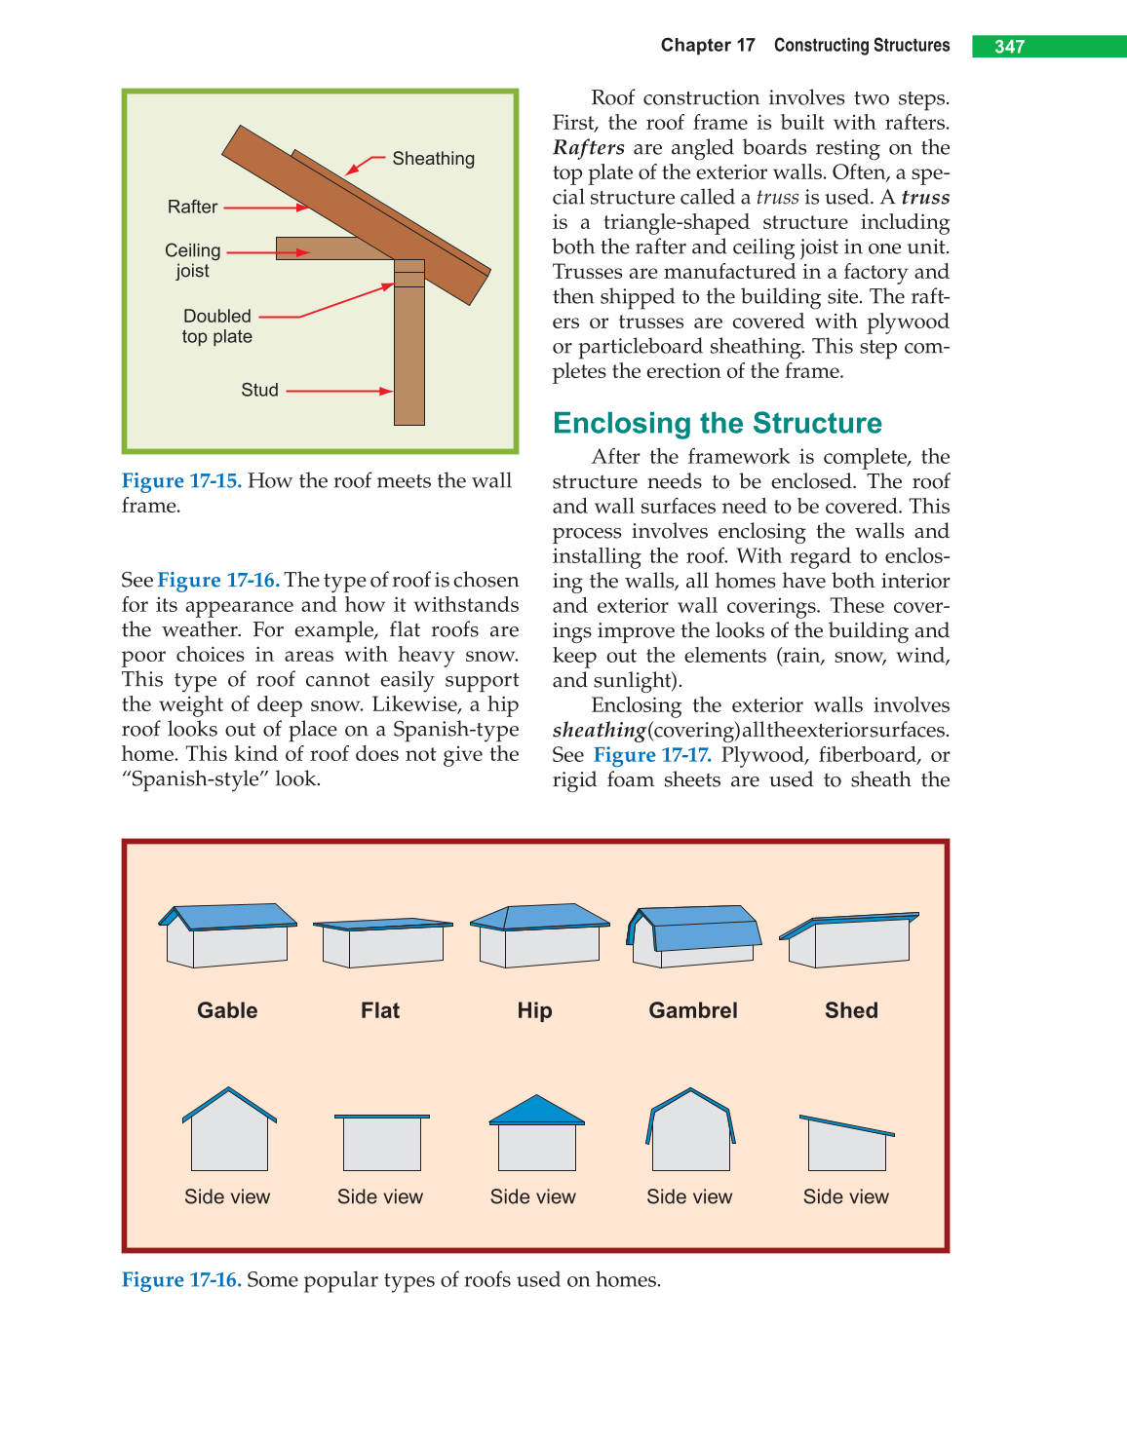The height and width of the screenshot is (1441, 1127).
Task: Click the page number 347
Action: [x=1009, y=47]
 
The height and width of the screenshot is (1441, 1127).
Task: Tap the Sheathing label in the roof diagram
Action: [x=433, y=159]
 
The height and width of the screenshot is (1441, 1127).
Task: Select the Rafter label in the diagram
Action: [x=192, y=207]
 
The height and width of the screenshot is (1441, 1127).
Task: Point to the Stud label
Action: [x=259, y=390]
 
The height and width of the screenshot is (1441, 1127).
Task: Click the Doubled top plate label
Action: [x=217, y=326]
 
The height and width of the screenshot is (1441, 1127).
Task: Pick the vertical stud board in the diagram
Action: [x=409, y=360]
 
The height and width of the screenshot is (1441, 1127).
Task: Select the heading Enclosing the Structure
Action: [x=717, y=423]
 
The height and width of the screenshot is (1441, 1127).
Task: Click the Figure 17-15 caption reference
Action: [x=181, y=480]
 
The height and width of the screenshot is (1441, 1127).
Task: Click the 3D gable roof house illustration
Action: [x=228, y=934]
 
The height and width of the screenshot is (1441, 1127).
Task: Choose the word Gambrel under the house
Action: [x=693, y=1010]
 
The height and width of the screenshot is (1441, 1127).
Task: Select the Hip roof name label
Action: [x=534, y=1010]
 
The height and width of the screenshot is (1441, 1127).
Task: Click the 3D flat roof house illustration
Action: [x=382, y=941]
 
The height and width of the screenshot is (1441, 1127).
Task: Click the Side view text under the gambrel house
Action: [x=689, y=1196]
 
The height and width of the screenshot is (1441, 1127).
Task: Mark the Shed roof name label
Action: [x=851, y=1010]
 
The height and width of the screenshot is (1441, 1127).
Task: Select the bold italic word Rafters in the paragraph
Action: [x=588, y=147]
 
